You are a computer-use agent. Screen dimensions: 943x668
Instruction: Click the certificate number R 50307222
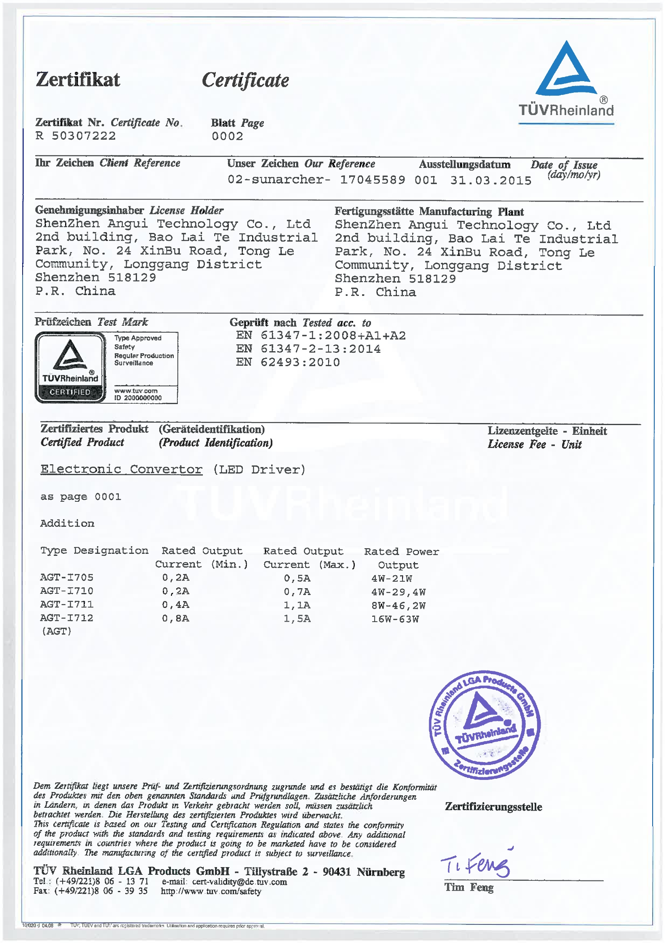[x=76, y=136]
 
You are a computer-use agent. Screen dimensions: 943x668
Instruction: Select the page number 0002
[x=228, y=136]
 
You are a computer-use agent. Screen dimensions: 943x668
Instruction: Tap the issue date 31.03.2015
[x=490, y=180]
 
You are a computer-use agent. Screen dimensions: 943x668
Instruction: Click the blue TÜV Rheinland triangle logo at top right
[x=566, y=70]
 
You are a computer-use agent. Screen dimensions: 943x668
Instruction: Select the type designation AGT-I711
[x=67, y=604]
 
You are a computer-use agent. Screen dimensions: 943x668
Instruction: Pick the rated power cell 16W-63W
[x=395, y=619]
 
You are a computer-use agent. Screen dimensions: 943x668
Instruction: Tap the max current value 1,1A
[x=297, y=605]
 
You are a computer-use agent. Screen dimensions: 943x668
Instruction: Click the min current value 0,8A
[x=175, y=618]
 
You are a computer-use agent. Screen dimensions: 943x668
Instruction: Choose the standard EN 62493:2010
[x=288, y=362]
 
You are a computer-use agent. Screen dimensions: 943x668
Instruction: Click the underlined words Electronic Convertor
[x=121, y=469]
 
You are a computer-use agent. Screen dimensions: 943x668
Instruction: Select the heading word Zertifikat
[x=78, y=79]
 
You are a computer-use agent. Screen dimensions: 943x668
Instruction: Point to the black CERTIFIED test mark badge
[x=70, y=367]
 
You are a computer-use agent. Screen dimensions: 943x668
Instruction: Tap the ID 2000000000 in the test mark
[x=138, y=398]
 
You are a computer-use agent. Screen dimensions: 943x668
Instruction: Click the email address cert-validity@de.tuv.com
[x=239, y=882]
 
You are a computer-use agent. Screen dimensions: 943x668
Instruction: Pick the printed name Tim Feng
[x=469, y=887]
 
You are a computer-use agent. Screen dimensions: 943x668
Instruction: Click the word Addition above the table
[x=67, y=523]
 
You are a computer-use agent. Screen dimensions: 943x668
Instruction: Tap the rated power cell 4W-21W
[x=392, y=578]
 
